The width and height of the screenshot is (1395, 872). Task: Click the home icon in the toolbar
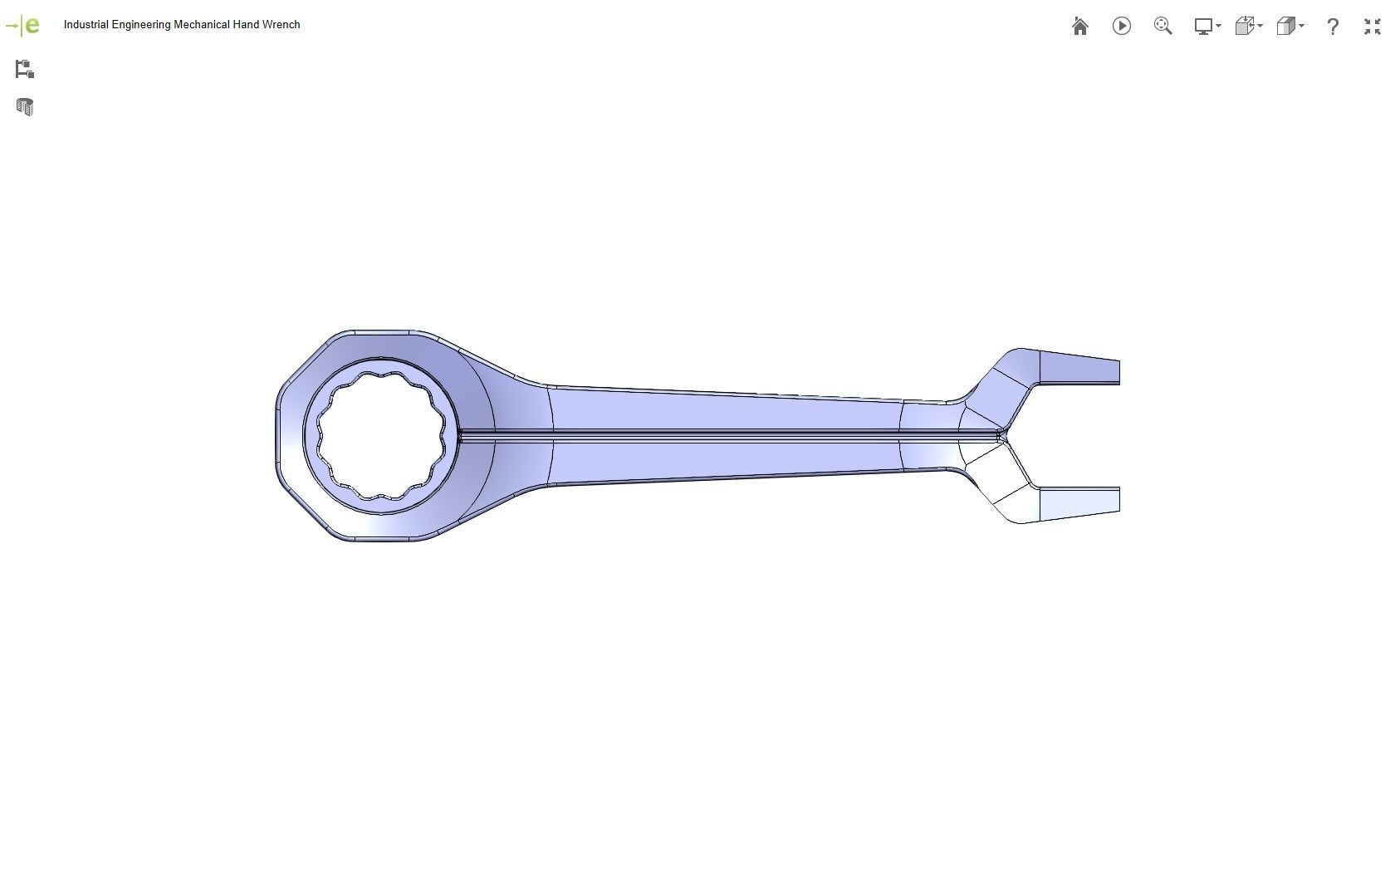pyautogui.click(x=1079, y=27)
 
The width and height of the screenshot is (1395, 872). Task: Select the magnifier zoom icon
pyautogui.click(x=1162, y=27)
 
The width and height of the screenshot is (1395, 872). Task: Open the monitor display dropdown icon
pyautogui.click(x=1207, y=27)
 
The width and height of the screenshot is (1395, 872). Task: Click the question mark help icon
pyautogui.click(x=1332, y=27)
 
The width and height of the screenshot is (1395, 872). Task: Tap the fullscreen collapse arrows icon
pyautogui.click(x=1372, y=27)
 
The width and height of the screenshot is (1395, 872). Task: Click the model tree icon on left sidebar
pyautogui.click(x=24, y=69)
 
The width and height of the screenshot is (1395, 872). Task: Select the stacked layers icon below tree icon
pyautogui.click(x=24, y=107)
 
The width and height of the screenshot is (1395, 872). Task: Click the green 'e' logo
pyautogui.click(x=32, y=25)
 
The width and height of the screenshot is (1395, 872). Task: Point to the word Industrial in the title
pyautogui.click(x=86, y=25)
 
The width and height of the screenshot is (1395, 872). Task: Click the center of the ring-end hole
pyautogui.click(x=381, y=435)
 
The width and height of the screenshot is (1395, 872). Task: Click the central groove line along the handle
pyautogui.click(x=722, y=435)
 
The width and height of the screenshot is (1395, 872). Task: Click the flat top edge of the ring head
pyautogui.click(x=382, y=332)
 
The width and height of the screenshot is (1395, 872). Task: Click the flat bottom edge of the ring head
pyautogui.click(x=382, y=539)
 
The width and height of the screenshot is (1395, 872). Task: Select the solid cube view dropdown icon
pyautogui.click(x=1290, y=27)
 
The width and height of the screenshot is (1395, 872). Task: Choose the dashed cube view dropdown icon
pyautogui.click(x=1248, y=27)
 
